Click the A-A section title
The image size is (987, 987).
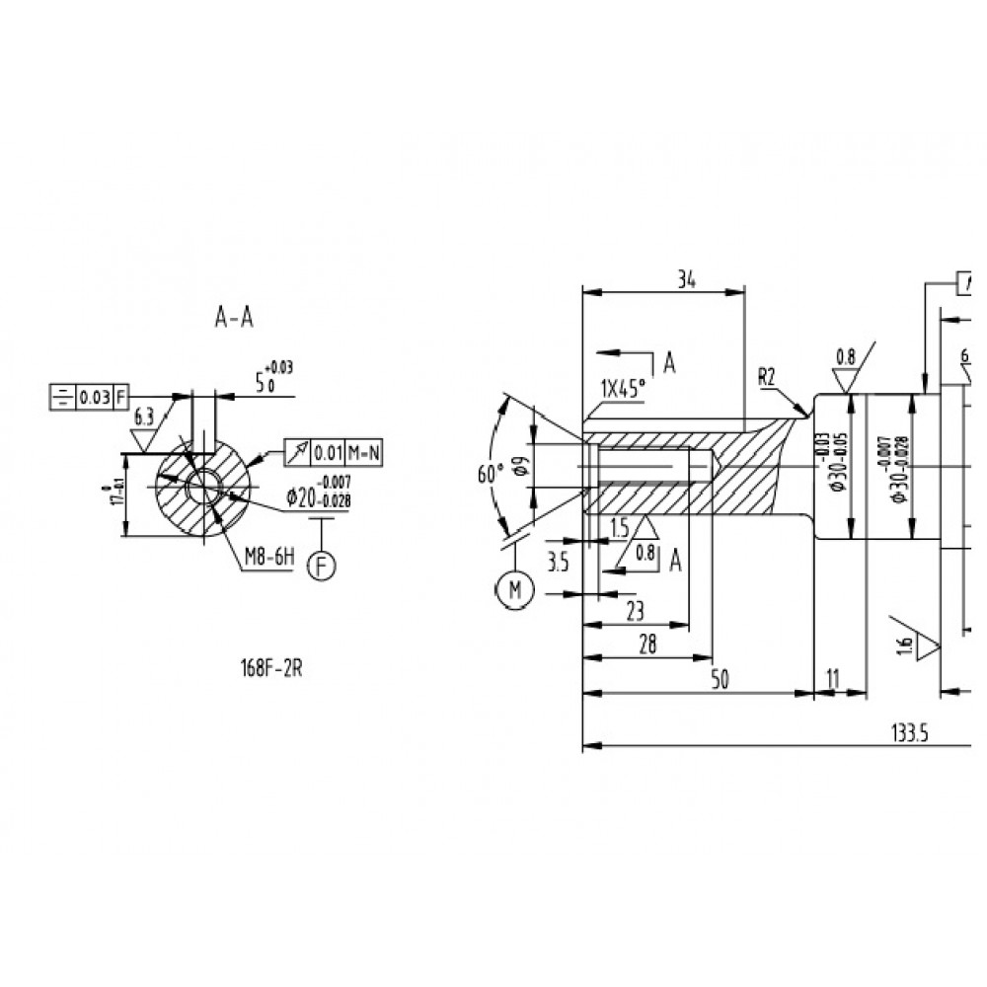pos(234,317)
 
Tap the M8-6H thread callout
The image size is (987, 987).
pos(269,558)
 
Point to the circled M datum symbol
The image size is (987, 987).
pos(513,589)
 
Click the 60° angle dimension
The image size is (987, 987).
pos(485,474)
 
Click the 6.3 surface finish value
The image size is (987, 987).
pos(144,417)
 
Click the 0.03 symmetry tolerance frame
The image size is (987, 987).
pos(90,397)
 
